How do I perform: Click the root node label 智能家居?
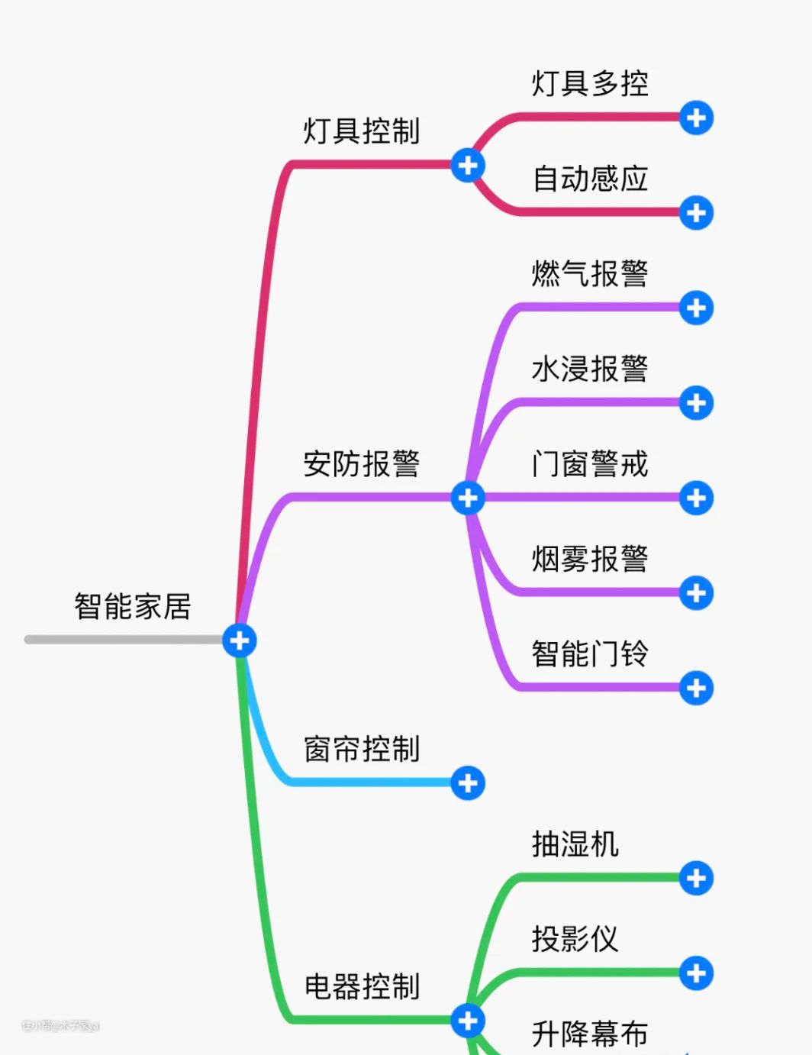click(133, 607)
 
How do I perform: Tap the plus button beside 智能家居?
click(240, 640)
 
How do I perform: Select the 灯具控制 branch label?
click(362, 131)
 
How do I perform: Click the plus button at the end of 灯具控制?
click(468, 165)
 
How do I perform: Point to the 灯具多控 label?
click(590, 84)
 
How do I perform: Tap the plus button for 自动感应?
click(696, 212)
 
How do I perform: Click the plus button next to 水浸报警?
click(696, 402)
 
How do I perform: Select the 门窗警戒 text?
click(590, 464)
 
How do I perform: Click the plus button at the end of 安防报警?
click(468, 498)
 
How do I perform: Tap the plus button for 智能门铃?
click(696, 688)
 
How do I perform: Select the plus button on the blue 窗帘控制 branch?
click(468, 783)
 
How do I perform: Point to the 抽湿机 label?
click(575, 844)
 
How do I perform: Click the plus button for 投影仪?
click(696, 973)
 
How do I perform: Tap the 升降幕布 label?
click(590, 1034)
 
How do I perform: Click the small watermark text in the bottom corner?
click(61, 1026)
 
